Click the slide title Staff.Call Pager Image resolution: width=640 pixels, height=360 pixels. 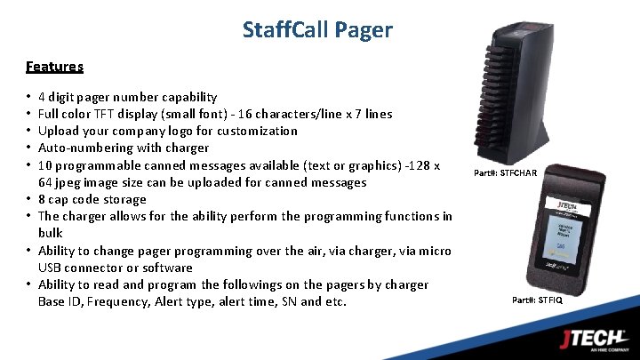[x=317, y=29]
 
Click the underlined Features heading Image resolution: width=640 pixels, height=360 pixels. [x=54, y=66]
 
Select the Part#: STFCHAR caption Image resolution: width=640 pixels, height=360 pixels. [x=506, y=172]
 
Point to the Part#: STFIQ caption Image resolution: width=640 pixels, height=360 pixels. [x=538, y=300]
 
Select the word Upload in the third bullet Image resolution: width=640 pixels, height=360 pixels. [x=59, y=131]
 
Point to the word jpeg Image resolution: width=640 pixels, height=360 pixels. [x=70, y=182]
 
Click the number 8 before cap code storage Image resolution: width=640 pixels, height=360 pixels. [x=42, y=199]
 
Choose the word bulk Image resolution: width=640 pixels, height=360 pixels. [x=51, y=233]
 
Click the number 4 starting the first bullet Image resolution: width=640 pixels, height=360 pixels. [x=42, y=97]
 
